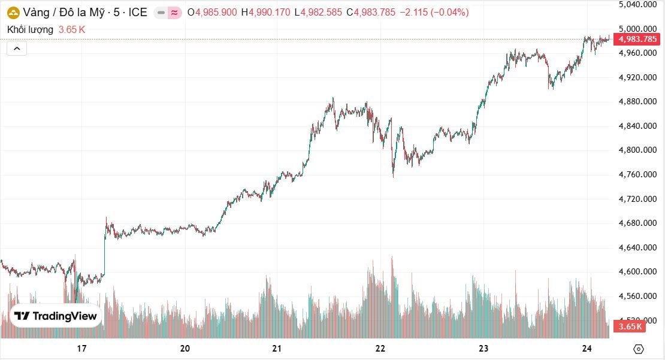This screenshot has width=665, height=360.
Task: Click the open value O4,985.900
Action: (x=211, y=13)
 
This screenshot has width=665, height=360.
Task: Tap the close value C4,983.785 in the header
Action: (x=371, y=13)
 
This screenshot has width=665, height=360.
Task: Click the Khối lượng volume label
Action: (x=31, y=29)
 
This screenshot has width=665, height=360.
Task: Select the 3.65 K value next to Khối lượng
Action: (x=72, y=29)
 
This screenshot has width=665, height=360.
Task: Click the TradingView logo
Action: (x=55, y=316)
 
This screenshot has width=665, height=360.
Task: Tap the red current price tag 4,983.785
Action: (x=637, y=39)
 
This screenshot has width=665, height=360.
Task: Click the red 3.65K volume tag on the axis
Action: (x=630, y=326)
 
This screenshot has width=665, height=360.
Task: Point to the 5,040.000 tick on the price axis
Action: (x=637, y=4)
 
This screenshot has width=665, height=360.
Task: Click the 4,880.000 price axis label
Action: (x=637, y=101)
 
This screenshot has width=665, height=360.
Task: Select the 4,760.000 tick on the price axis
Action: (x=637, y=174)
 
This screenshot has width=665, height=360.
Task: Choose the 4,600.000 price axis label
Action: (x=637, y=271)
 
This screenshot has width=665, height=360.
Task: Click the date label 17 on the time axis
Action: (x=82, y=349)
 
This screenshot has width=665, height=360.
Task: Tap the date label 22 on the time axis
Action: (x=380, y=349)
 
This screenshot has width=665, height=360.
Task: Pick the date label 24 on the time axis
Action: (x=587, y=349)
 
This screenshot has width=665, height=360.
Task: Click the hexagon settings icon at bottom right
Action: (x=638, y=349)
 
